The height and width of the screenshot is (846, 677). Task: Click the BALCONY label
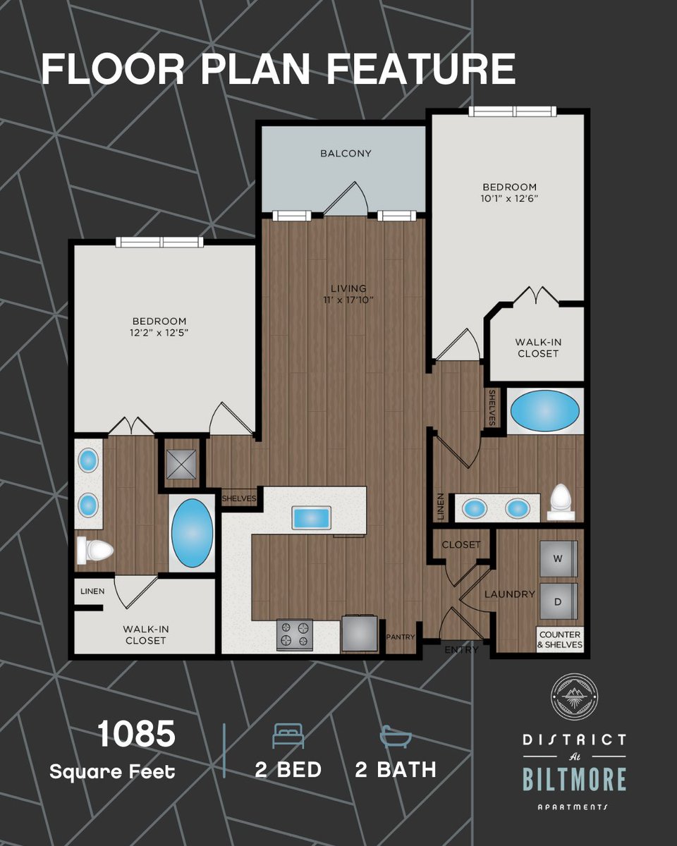click(x=346, y=153)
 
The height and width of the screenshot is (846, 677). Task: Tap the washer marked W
click(x=559, y=558)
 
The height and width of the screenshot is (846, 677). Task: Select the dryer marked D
click(x=559, y=601)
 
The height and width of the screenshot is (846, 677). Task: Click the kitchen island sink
click(x=311, y=518)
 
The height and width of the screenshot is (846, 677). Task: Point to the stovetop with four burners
click(x=295, y=634)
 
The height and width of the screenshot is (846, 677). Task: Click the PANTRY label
click(x=401, y=637)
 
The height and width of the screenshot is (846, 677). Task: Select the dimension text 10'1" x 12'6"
click(x=509, y=199)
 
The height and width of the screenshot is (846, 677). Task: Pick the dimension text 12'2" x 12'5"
click(x=159, y=333)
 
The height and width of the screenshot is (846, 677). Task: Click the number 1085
click(x=136, y=733)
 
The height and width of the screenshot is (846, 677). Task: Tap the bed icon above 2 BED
click(x=288, y=736)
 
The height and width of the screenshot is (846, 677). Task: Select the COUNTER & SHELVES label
click(x=560, y=639)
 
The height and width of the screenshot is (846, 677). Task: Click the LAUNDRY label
click(x=510, y=594)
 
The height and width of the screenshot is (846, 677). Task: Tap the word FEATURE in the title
click(x=421, y=69)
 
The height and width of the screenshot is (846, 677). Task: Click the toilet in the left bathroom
click(x=94, y=550)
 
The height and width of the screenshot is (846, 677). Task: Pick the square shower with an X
click(x=181, y=465)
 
